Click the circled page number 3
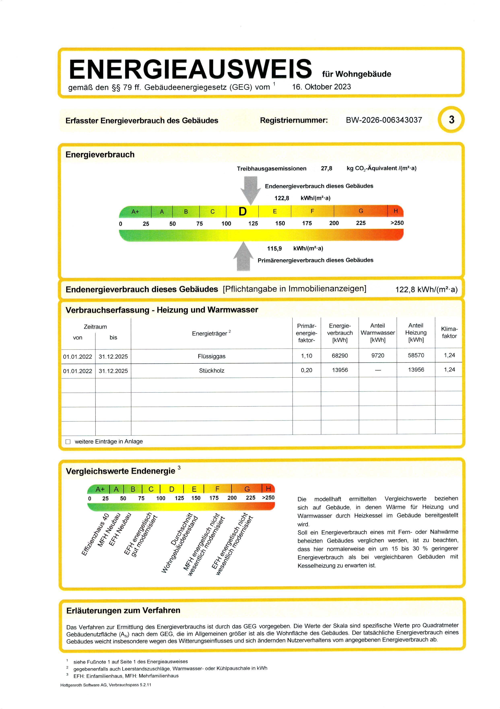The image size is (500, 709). (x=451, y=120)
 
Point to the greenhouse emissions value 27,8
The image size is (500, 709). (x=326, y=168)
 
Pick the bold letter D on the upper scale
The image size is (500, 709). (x=243, y=211)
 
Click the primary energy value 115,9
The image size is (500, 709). (x=274, y=248)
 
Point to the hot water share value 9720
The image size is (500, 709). (x=378, y=356)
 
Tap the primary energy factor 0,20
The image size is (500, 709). (x=306, y=370)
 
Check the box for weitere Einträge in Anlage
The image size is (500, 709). (x=68, y=442)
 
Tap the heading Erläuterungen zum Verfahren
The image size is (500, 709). (x=123, y=610)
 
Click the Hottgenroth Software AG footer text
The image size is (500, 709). (x=106, y=685)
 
